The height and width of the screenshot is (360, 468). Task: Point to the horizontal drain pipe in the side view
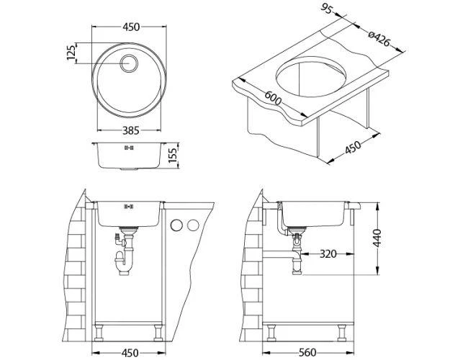[x=281, y=253]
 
